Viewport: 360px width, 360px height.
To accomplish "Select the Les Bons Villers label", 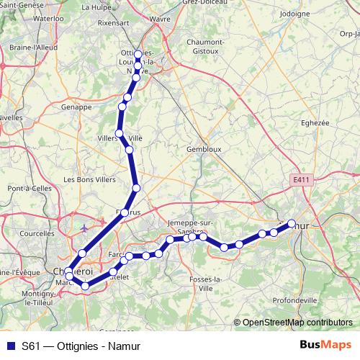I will [89, 179].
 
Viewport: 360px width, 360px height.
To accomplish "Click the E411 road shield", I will [302, 179].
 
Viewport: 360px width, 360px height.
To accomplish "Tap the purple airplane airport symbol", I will [85, 229].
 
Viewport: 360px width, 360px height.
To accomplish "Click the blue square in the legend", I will [10, 346].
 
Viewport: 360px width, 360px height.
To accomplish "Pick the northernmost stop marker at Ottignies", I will [138, 55].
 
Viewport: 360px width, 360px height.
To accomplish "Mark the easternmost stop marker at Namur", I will [292, 223].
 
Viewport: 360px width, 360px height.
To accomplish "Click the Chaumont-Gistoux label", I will [204, 47].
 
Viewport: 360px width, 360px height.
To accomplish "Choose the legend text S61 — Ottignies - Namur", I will [80, 346].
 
